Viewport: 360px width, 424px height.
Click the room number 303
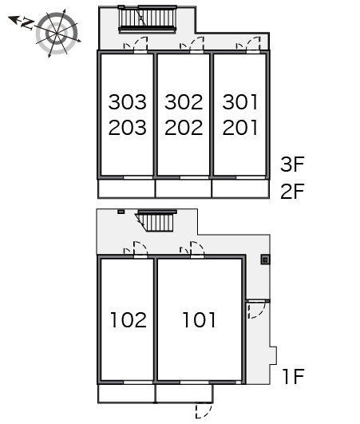(127, 102)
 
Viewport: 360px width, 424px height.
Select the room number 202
(184, 128)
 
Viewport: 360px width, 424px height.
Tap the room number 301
(240, 102)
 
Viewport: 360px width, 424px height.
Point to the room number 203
(127, 128)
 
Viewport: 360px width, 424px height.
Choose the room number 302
(184, 102)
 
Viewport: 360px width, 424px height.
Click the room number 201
(240, 128)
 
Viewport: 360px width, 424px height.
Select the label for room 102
(129, 320)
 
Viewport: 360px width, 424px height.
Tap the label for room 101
(200, 320)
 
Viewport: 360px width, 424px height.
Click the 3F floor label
(292, 164)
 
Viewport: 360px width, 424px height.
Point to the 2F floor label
(292, 191)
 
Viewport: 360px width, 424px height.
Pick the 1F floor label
(294, 376)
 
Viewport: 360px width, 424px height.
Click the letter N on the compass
(27, 23)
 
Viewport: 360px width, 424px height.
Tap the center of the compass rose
(57, 34)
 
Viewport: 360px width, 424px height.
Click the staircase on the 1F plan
(156, 220)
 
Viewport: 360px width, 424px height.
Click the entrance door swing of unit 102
(136, 248)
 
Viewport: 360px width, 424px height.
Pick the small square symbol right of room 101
(265, 260)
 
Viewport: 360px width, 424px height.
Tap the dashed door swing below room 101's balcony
(204, 410)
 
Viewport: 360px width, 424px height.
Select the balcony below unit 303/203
(126, 188)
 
